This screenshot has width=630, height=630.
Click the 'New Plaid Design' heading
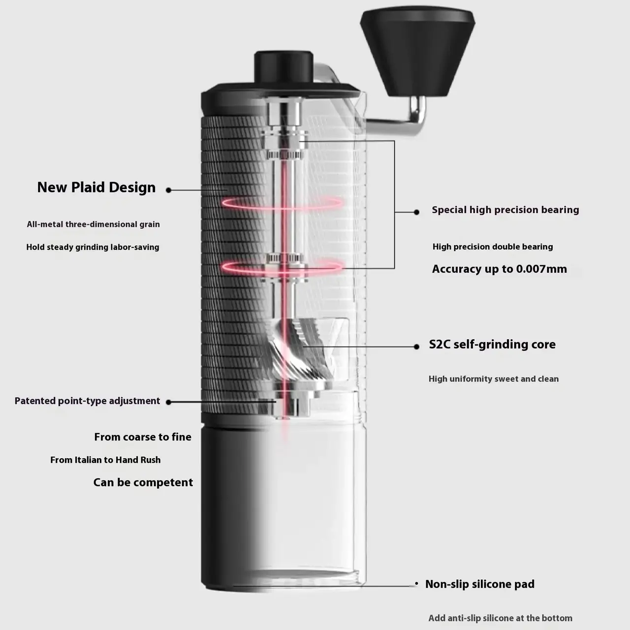click(96, 188)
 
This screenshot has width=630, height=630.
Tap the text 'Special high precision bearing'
click(505, 210)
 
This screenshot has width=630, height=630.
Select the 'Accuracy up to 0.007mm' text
click(500, 269)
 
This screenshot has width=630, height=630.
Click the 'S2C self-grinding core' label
click(492, 344)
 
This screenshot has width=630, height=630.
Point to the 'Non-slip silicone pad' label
click(480, 584)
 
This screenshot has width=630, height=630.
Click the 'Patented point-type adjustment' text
click(87, 401)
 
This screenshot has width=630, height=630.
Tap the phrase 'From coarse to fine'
click(143, 437)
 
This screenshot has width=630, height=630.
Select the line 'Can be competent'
click(143, 482)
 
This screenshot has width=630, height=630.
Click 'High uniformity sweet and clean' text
click(494, 379)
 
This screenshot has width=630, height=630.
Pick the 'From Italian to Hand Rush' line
click(106, 460)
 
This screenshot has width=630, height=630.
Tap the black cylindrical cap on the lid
click(284, 66)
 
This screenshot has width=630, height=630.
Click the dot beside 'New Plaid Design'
click(169, 190)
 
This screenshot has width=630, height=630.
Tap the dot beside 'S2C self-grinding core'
click(416, 346)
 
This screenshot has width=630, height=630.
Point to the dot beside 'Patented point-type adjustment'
click(169, 402)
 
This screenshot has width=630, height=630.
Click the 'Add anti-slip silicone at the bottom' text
click(500, 618)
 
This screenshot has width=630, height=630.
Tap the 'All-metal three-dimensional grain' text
click(94, 224)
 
